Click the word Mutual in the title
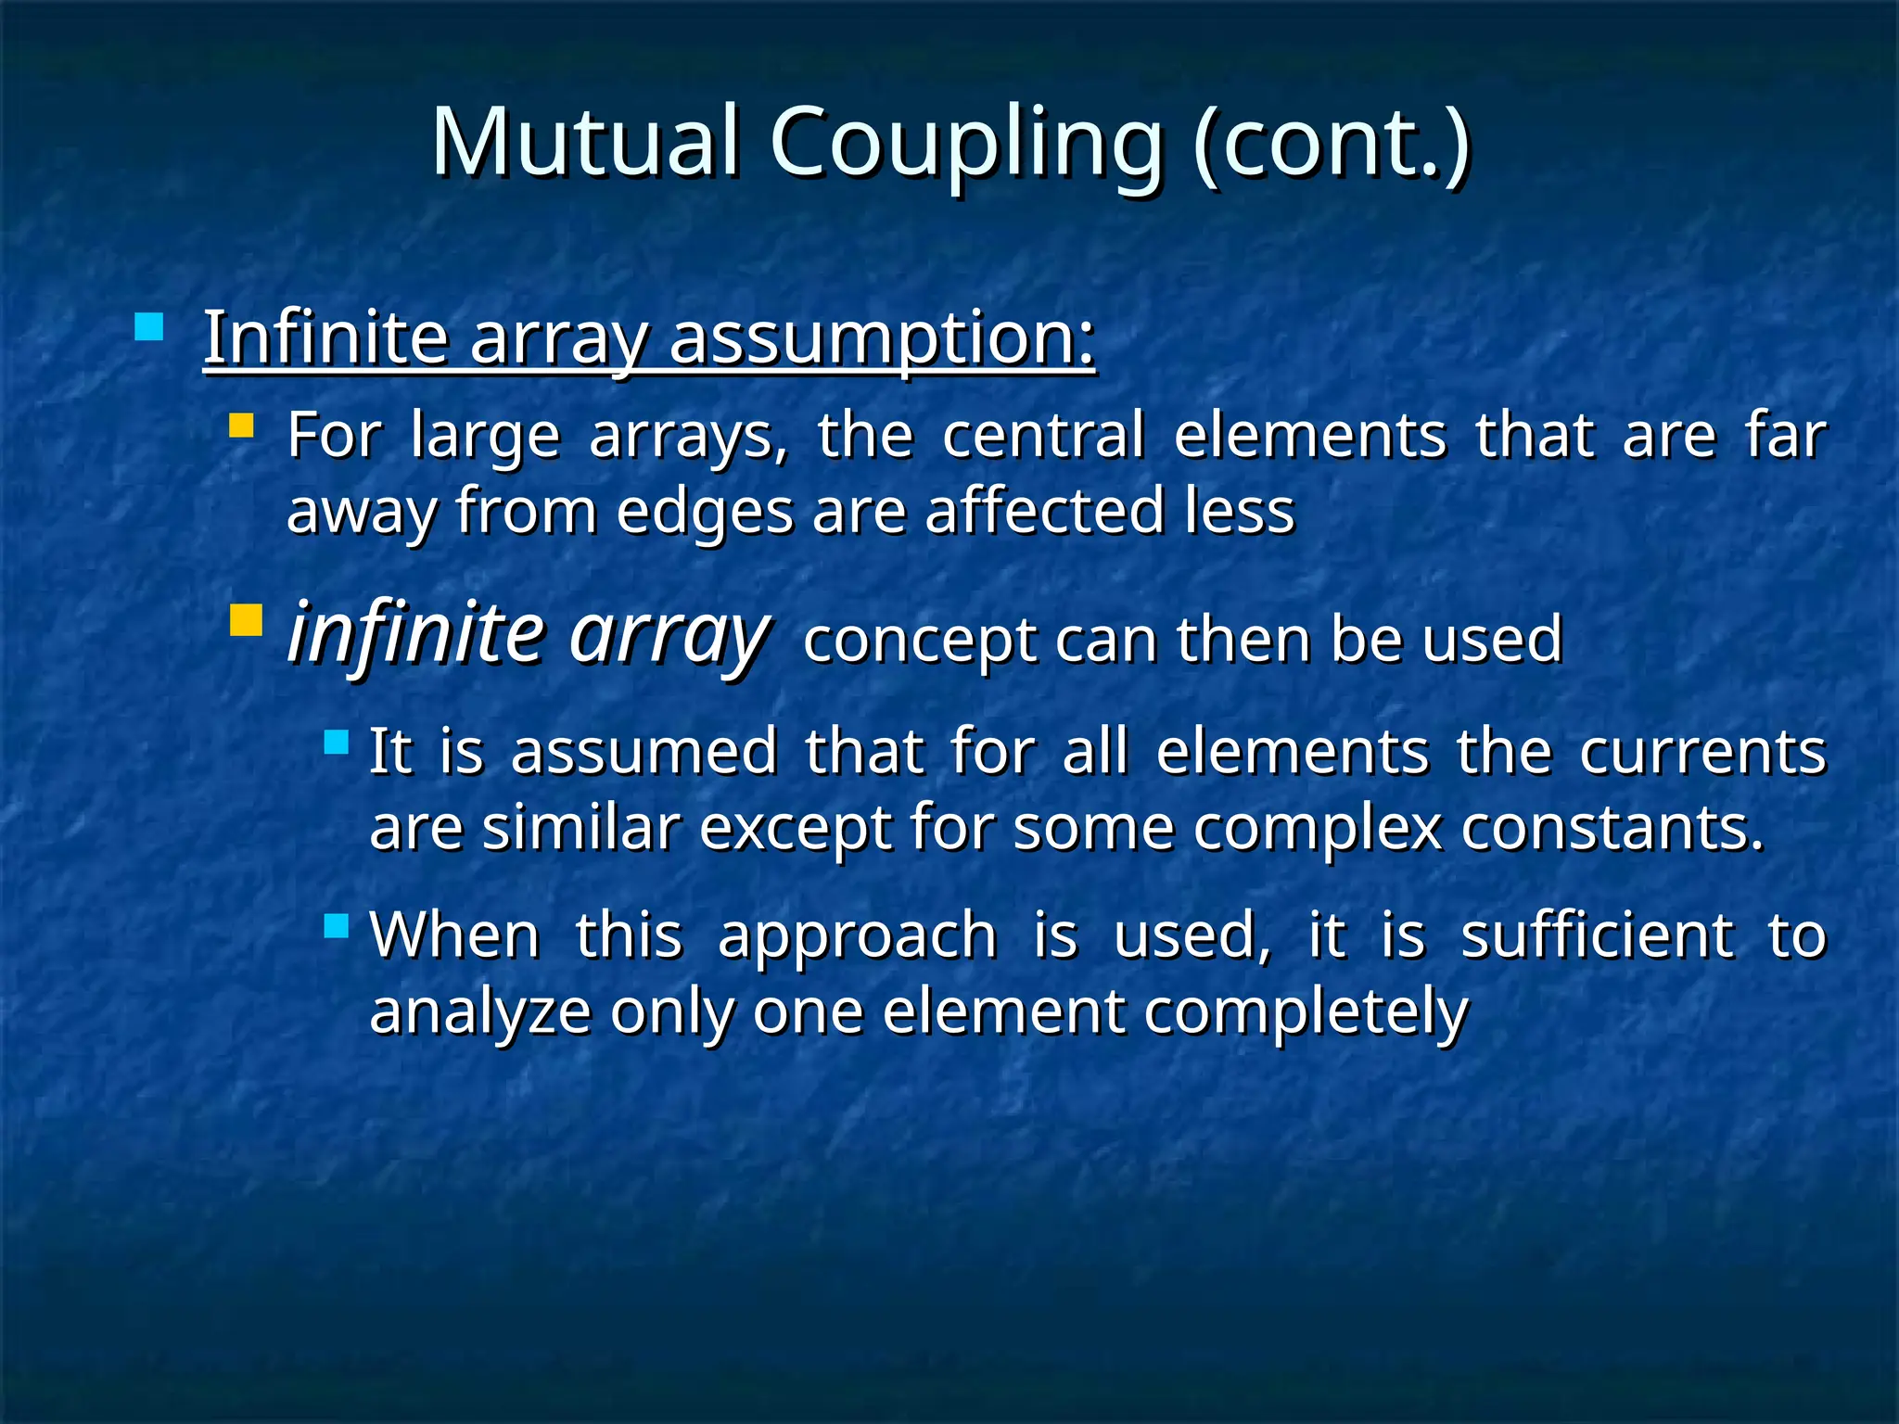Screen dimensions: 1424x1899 (586, 142)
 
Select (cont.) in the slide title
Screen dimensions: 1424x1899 (1332, 142)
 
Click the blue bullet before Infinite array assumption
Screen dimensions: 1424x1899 (148, 327)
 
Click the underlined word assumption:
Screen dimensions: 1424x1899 (882, 338)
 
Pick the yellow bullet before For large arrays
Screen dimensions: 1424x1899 (241, 425)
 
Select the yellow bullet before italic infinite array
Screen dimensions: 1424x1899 (246, 619)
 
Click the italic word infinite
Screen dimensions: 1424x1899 (415, 632)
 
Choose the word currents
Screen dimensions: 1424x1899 (1702, 751)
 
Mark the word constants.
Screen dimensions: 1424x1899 (1612, 827)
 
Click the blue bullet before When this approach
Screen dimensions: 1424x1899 (337, 925)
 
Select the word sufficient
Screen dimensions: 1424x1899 (1597, 935)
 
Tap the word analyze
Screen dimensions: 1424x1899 (480, 1011)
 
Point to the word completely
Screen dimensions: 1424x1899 (1306, 1011)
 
